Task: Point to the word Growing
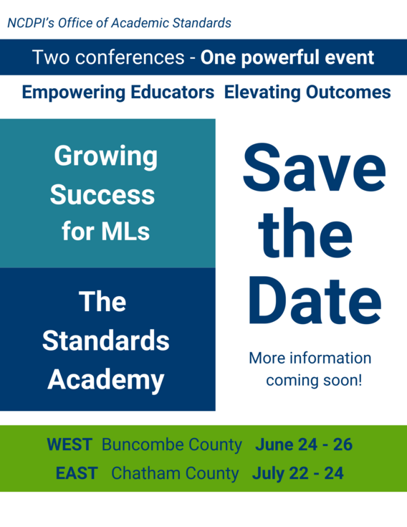(106, 156)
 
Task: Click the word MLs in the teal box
(125, 232)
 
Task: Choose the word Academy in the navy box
(106, 379)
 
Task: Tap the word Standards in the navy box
(106, 341)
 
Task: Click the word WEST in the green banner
(70, 445)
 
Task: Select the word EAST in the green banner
(77, 473)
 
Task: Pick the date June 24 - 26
(304, 445)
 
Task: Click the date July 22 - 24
(297, 473)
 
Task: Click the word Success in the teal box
(102, 194)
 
